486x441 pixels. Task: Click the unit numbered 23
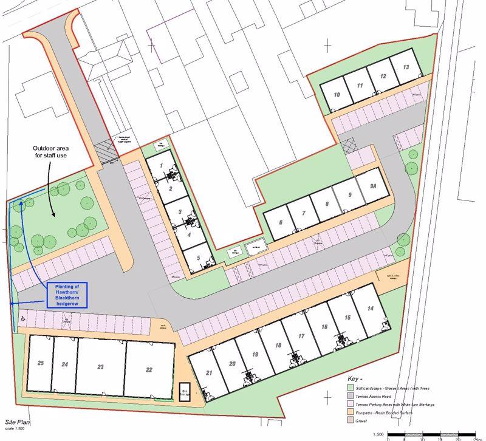coord(100,366)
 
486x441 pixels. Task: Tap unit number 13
coord(406,67)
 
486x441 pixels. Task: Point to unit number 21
coord(210,372)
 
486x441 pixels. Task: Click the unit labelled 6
coord(280,222)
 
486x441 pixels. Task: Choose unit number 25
coord(41,363)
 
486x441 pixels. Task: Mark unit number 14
coord(371,309)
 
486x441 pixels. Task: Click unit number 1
coord(162,165)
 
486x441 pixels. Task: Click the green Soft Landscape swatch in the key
coord(351,387)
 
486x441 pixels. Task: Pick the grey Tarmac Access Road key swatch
coord(351,395)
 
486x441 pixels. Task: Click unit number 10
coord(337,95)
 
